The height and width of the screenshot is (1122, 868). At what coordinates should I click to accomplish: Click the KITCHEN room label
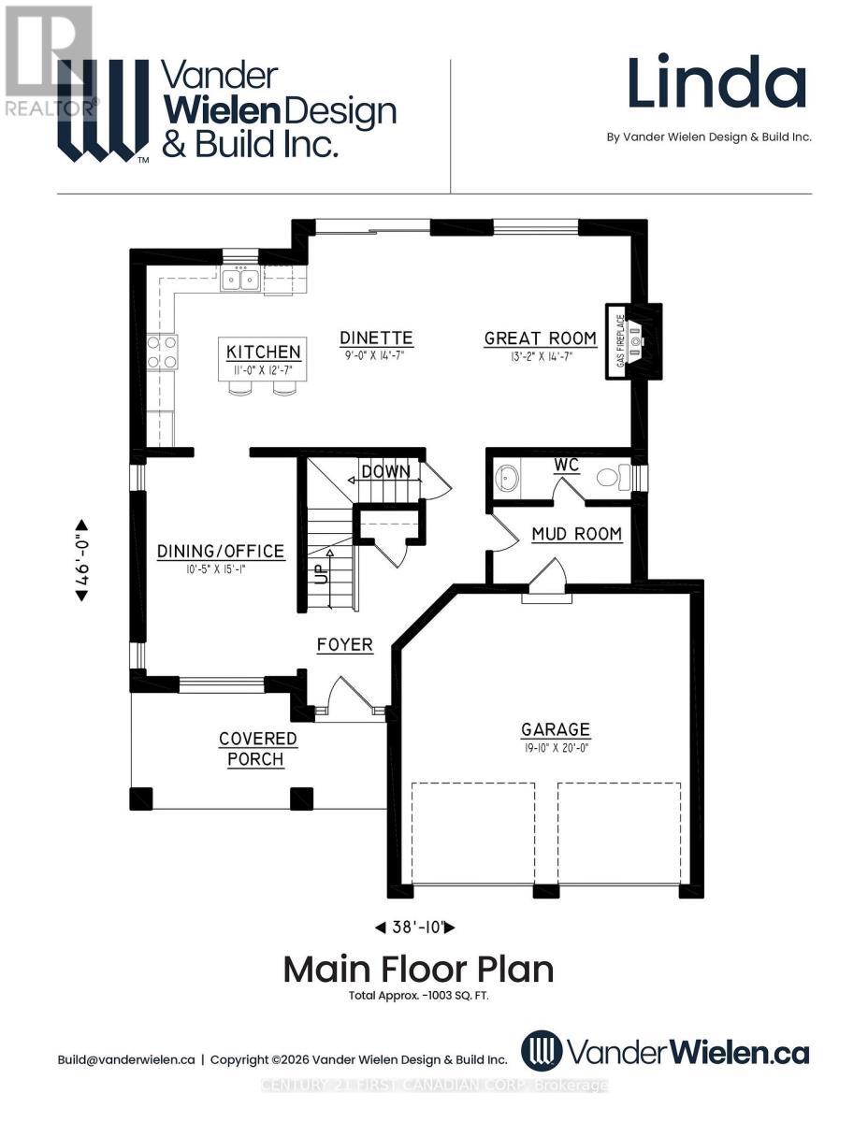[264, 352]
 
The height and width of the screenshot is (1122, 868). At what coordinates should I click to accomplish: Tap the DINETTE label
[376, 338]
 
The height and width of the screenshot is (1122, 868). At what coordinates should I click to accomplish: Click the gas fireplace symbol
[635, 341]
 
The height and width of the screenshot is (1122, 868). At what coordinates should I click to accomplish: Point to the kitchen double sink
[240, 279]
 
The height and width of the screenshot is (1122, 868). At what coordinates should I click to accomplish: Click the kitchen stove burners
[163, 352]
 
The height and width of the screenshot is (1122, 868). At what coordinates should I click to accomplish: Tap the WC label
[567, 465]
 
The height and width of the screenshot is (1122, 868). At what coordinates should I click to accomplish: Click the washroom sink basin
[508, 478]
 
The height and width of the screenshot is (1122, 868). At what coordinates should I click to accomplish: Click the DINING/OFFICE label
[220, 552]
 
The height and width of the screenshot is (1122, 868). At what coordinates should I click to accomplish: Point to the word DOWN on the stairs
[385, 471]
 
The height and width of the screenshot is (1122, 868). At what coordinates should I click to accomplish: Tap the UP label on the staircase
[322, 573]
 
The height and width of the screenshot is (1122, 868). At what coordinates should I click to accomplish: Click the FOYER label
[344, 645]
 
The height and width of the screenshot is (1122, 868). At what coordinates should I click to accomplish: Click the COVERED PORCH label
[257, 749]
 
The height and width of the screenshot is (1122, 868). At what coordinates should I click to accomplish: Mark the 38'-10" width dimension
[414, 928]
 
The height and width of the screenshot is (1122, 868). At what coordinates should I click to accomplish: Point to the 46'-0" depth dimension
[81, 559]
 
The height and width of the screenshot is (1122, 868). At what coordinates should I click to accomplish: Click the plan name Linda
[716, 83]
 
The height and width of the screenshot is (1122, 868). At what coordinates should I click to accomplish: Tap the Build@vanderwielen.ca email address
[126, 1059]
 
